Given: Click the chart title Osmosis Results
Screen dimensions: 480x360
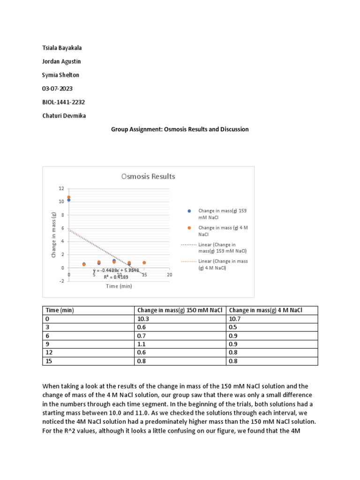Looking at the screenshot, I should coord(148,176).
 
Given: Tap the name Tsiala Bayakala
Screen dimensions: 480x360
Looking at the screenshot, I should coord(62,48).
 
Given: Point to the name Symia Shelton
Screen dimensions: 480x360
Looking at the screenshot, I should coord(60,75).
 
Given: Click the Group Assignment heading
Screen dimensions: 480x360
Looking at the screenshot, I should coord(180,129).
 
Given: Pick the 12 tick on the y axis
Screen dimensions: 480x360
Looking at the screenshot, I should coord(61,188).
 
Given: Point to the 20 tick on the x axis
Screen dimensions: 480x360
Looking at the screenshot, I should coord(170,275).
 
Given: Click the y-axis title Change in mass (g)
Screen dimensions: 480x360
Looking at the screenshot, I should coord(54,234).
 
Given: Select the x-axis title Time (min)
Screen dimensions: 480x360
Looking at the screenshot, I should coord(119,286).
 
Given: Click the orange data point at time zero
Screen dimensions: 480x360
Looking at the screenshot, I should coord(69,197).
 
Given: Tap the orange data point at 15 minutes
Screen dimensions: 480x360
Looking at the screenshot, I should coord(144,262).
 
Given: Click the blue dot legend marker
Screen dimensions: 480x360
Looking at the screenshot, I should coord(189,211).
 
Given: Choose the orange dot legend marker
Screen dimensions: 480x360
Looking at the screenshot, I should coord(189,228).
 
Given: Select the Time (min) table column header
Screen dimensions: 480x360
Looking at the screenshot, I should coord(60,310).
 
